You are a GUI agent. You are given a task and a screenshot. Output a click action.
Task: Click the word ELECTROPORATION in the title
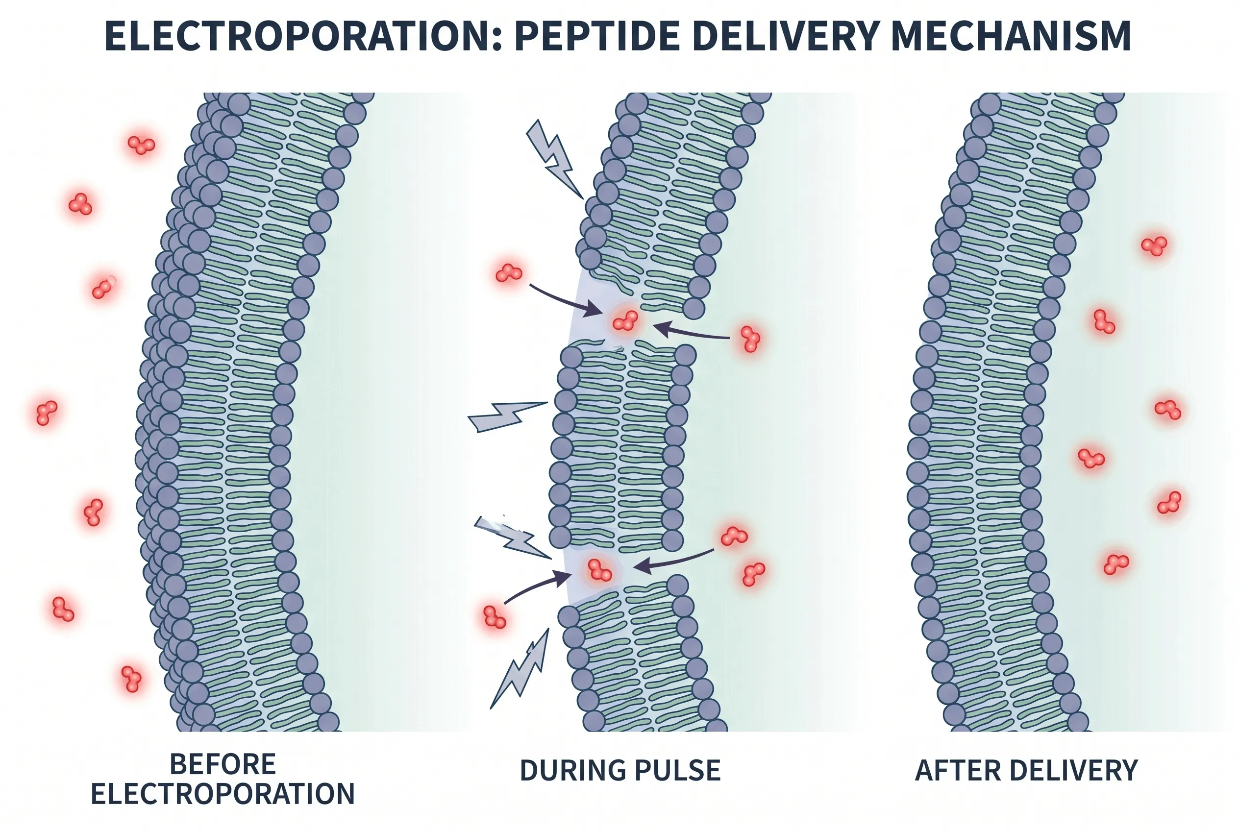(303, 36)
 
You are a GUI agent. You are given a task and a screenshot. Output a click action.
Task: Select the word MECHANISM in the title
(1011, 36)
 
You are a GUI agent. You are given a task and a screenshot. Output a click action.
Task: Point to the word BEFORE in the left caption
(223, 765)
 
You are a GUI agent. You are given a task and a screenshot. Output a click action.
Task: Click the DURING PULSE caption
(620, 771)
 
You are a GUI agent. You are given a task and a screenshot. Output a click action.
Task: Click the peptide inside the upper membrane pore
(625, 320)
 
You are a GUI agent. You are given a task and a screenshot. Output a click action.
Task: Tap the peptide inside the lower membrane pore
(599, 570)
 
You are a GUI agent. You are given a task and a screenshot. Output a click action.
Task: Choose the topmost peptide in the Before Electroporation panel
(141, 144)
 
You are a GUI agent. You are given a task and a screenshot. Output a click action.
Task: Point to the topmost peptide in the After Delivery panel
(1154, 246)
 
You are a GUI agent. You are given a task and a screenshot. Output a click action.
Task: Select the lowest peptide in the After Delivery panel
(1115, 563)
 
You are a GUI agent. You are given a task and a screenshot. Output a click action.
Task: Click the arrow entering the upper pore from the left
(565, 301)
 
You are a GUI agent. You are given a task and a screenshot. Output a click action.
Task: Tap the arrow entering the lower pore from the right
(673, 561)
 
